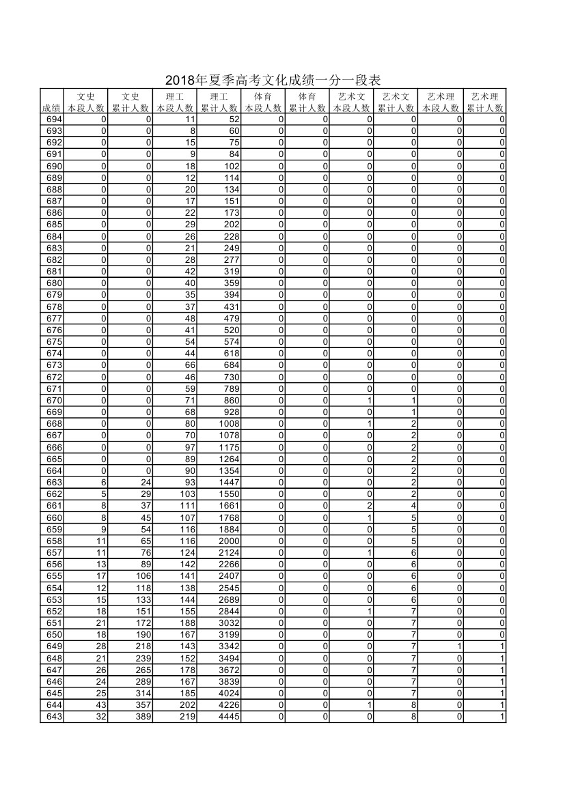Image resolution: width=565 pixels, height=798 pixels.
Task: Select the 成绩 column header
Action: (x=51, y=108)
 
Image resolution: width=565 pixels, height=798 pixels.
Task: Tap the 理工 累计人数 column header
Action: (x=219, y=102)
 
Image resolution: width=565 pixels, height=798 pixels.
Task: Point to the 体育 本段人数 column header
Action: (x=263, y=102)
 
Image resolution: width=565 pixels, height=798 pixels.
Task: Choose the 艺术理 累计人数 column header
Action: (x=484, y=102)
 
